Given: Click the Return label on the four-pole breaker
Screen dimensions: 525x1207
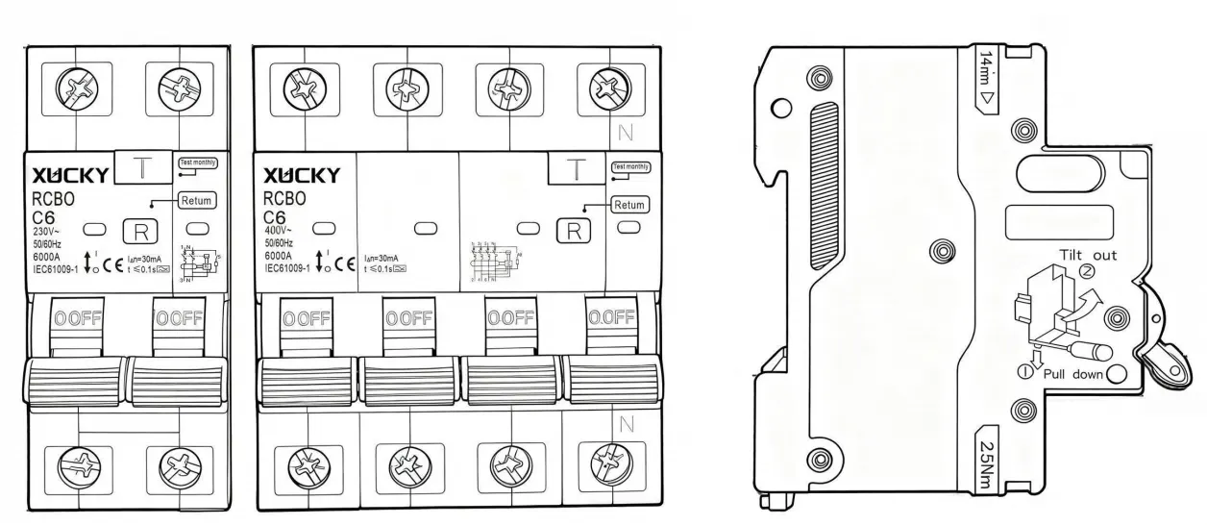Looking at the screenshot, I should pos(628,205).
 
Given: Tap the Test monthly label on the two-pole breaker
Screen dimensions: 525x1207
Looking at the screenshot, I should pos(197,164).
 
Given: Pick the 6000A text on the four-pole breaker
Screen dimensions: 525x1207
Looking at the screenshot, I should pos(279,257).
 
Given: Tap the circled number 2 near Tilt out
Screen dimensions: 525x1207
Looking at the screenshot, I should pos(1089,272).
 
